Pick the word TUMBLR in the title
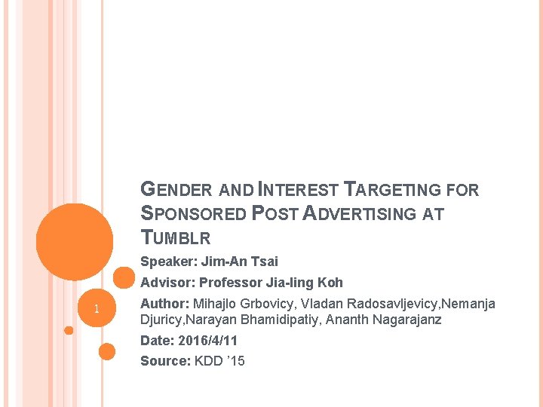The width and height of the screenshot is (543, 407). click(176, 239)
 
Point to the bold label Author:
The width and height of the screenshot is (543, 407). click(165, 304)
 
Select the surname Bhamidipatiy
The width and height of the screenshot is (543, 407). click(287, 320)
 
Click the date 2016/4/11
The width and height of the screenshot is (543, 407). click(208, 341)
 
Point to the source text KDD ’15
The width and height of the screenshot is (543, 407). click(219, 361)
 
